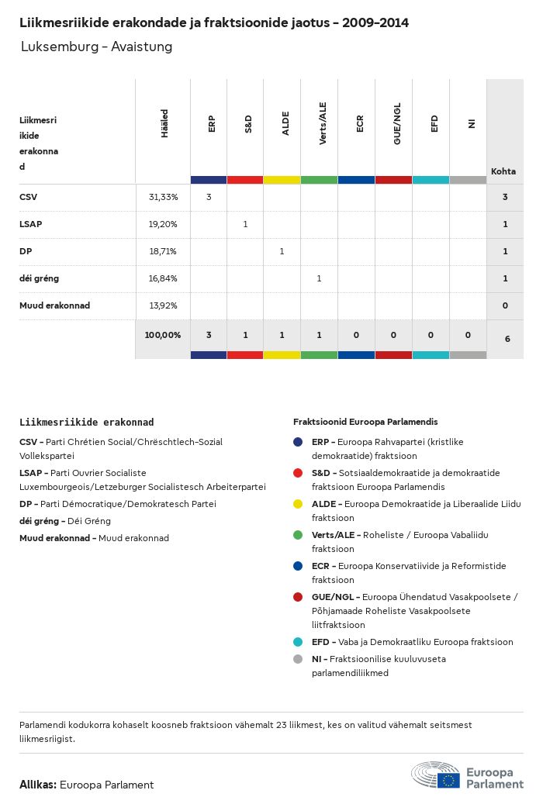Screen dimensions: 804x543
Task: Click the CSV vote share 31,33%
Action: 163,197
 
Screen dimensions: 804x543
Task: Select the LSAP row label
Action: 31,224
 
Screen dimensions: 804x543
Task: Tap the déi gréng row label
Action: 39,278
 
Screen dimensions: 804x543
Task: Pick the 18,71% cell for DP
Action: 163,251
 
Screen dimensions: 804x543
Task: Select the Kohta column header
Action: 503,171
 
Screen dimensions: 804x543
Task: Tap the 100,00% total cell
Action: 163,335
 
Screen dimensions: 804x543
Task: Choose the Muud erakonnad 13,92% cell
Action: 163,305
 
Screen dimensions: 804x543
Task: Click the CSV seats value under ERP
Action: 209,197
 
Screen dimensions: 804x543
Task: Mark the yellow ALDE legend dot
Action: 298,504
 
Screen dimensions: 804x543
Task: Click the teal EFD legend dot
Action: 298,642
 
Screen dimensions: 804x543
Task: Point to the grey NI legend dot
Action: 298,659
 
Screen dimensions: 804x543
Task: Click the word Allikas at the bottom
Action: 36,785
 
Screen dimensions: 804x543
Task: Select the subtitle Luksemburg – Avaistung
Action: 96,47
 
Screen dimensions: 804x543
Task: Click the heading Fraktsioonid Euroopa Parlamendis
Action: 365,422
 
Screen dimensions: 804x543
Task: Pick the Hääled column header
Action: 164,124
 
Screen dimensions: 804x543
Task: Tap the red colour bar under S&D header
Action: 245,180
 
